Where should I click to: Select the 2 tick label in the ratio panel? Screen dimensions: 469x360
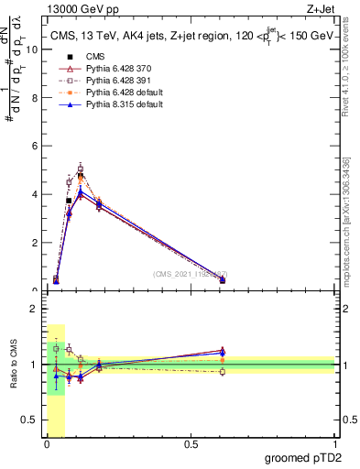pyautogui.click(x=34, y=310)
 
